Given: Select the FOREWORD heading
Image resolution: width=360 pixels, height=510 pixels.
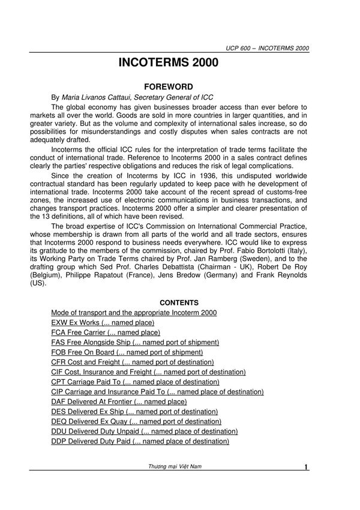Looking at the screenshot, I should coord(180,86).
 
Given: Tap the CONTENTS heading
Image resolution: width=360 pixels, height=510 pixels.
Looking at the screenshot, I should coord(179,303).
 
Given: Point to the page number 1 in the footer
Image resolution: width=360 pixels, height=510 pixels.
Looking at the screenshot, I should coord(306,467).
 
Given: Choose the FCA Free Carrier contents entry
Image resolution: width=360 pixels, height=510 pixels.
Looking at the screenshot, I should coord(106,332).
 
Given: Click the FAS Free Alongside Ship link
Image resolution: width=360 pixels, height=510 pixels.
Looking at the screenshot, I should coord(135,342).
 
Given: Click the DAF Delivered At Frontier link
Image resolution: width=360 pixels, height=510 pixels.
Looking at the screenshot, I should coord(119,401).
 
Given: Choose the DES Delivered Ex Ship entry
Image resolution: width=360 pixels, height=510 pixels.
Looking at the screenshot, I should coord(134,412).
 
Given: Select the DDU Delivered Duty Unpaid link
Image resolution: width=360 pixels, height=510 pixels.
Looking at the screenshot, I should coord(145,431).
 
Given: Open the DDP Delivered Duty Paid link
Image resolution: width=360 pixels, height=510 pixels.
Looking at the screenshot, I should coord(140,441).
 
